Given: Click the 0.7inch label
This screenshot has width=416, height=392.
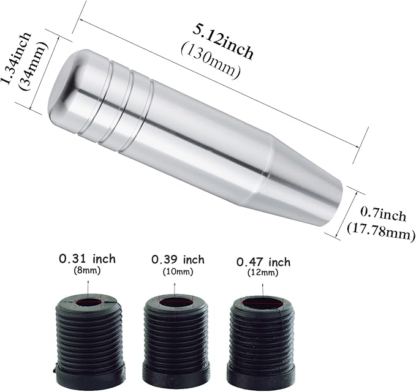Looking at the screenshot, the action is coord(383,215).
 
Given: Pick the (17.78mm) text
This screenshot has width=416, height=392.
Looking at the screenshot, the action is coord(381,232).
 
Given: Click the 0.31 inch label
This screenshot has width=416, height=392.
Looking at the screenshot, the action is coord(87,258).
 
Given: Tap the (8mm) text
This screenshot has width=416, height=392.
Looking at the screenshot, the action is coord(87,271).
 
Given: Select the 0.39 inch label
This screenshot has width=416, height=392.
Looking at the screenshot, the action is coord(178,260).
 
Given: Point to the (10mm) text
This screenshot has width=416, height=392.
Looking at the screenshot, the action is coord(178,271).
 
